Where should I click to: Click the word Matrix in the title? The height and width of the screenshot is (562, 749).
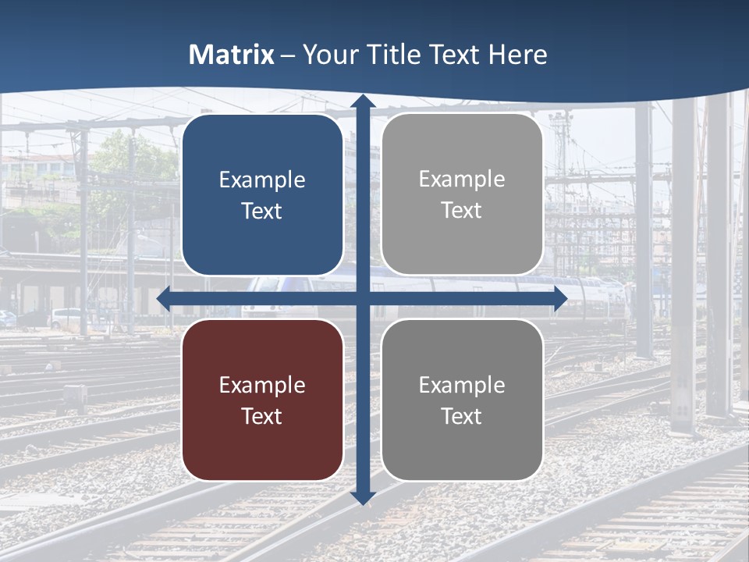coord(231,55)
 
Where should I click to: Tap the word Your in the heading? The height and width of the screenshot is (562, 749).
coord(328,55)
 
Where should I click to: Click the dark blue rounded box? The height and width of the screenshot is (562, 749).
coord(262,194)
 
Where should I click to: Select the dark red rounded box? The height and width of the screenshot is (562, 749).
coord(262,400)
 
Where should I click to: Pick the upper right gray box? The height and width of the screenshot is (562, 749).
coord(462,194)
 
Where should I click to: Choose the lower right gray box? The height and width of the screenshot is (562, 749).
coord(462,400)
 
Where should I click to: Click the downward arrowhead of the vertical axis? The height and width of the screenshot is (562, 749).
coord(363,497)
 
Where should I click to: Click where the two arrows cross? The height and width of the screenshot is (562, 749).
coord(363,298)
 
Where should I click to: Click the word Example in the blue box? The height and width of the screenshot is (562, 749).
coord(262,180)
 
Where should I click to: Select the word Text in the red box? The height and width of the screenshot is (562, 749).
coord(262,416)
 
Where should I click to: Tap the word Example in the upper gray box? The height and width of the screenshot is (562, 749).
coord(462,179)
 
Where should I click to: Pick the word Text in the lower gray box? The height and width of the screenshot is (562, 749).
coord(462,416)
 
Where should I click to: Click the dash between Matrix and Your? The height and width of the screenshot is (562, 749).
coord(288,55)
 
